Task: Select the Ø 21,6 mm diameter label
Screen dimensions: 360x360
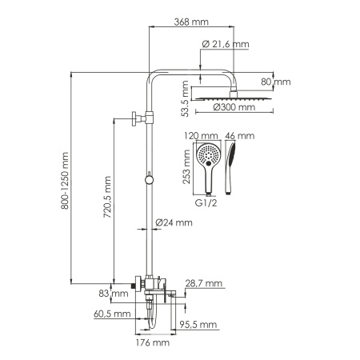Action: (226, 45)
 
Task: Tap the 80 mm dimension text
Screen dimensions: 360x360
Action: (278, 81)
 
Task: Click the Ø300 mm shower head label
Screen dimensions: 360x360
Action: (235, 107)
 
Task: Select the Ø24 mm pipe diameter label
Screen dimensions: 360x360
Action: (174, 222)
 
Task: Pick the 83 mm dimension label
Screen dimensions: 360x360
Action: (118, 294)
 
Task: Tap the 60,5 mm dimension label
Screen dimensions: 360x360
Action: (112, 314)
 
